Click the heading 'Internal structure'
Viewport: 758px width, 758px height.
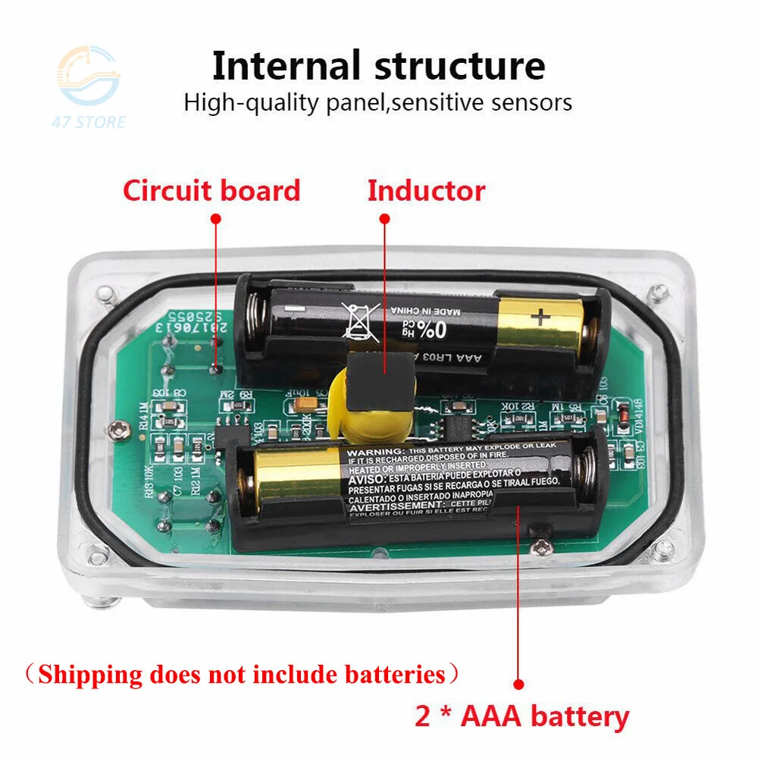pyautogui.click(x=378, y=66)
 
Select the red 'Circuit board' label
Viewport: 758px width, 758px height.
pyautogui.click(x=211, y=190)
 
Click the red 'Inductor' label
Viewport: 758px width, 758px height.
pyautogui.click(x=426, y=190)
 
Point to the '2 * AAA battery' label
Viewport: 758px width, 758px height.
pyautogui.click(x=522, y=716)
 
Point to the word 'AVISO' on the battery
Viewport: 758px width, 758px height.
pyautogui.click(x=368, y=480)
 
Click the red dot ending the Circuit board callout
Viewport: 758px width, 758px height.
pyautogui.click(x=216, y=369)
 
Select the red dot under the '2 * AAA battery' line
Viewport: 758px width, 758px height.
pyautogui.click(x=519, y=683)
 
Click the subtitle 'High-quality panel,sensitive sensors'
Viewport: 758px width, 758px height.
pyautogui.click(x=377, y=102)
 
